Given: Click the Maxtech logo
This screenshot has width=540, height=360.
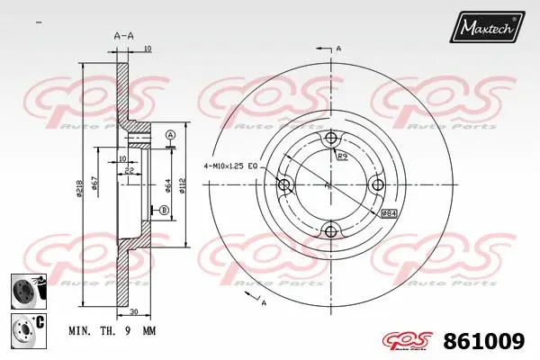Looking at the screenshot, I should tap(490, 29).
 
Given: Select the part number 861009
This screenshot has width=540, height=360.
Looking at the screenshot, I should tap(486, 341).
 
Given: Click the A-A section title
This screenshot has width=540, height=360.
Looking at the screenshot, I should tap(124, 35).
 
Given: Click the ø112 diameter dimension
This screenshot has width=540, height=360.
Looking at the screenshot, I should tap(184, 186).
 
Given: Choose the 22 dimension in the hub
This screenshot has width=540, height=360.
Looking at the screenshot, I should tap(131, 171).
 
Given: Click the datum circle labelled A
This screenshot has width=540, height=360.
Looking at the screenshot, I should tap(170, 136).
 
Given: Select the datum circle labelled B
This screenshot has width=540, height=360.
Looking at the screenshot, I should tap(165, 211).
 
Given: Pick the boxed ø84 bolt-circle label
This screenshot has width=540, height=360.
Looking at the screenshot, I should tap(391, 213).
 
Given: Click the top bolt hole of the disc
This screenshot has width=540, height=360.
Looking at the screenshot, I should tap(331, 139).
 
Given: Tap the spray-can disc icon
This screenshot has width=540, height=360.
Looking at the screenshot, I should tap(24, 291).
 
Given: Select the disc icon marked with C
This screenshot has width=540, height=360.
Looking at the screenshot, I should tap(24, 328).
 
